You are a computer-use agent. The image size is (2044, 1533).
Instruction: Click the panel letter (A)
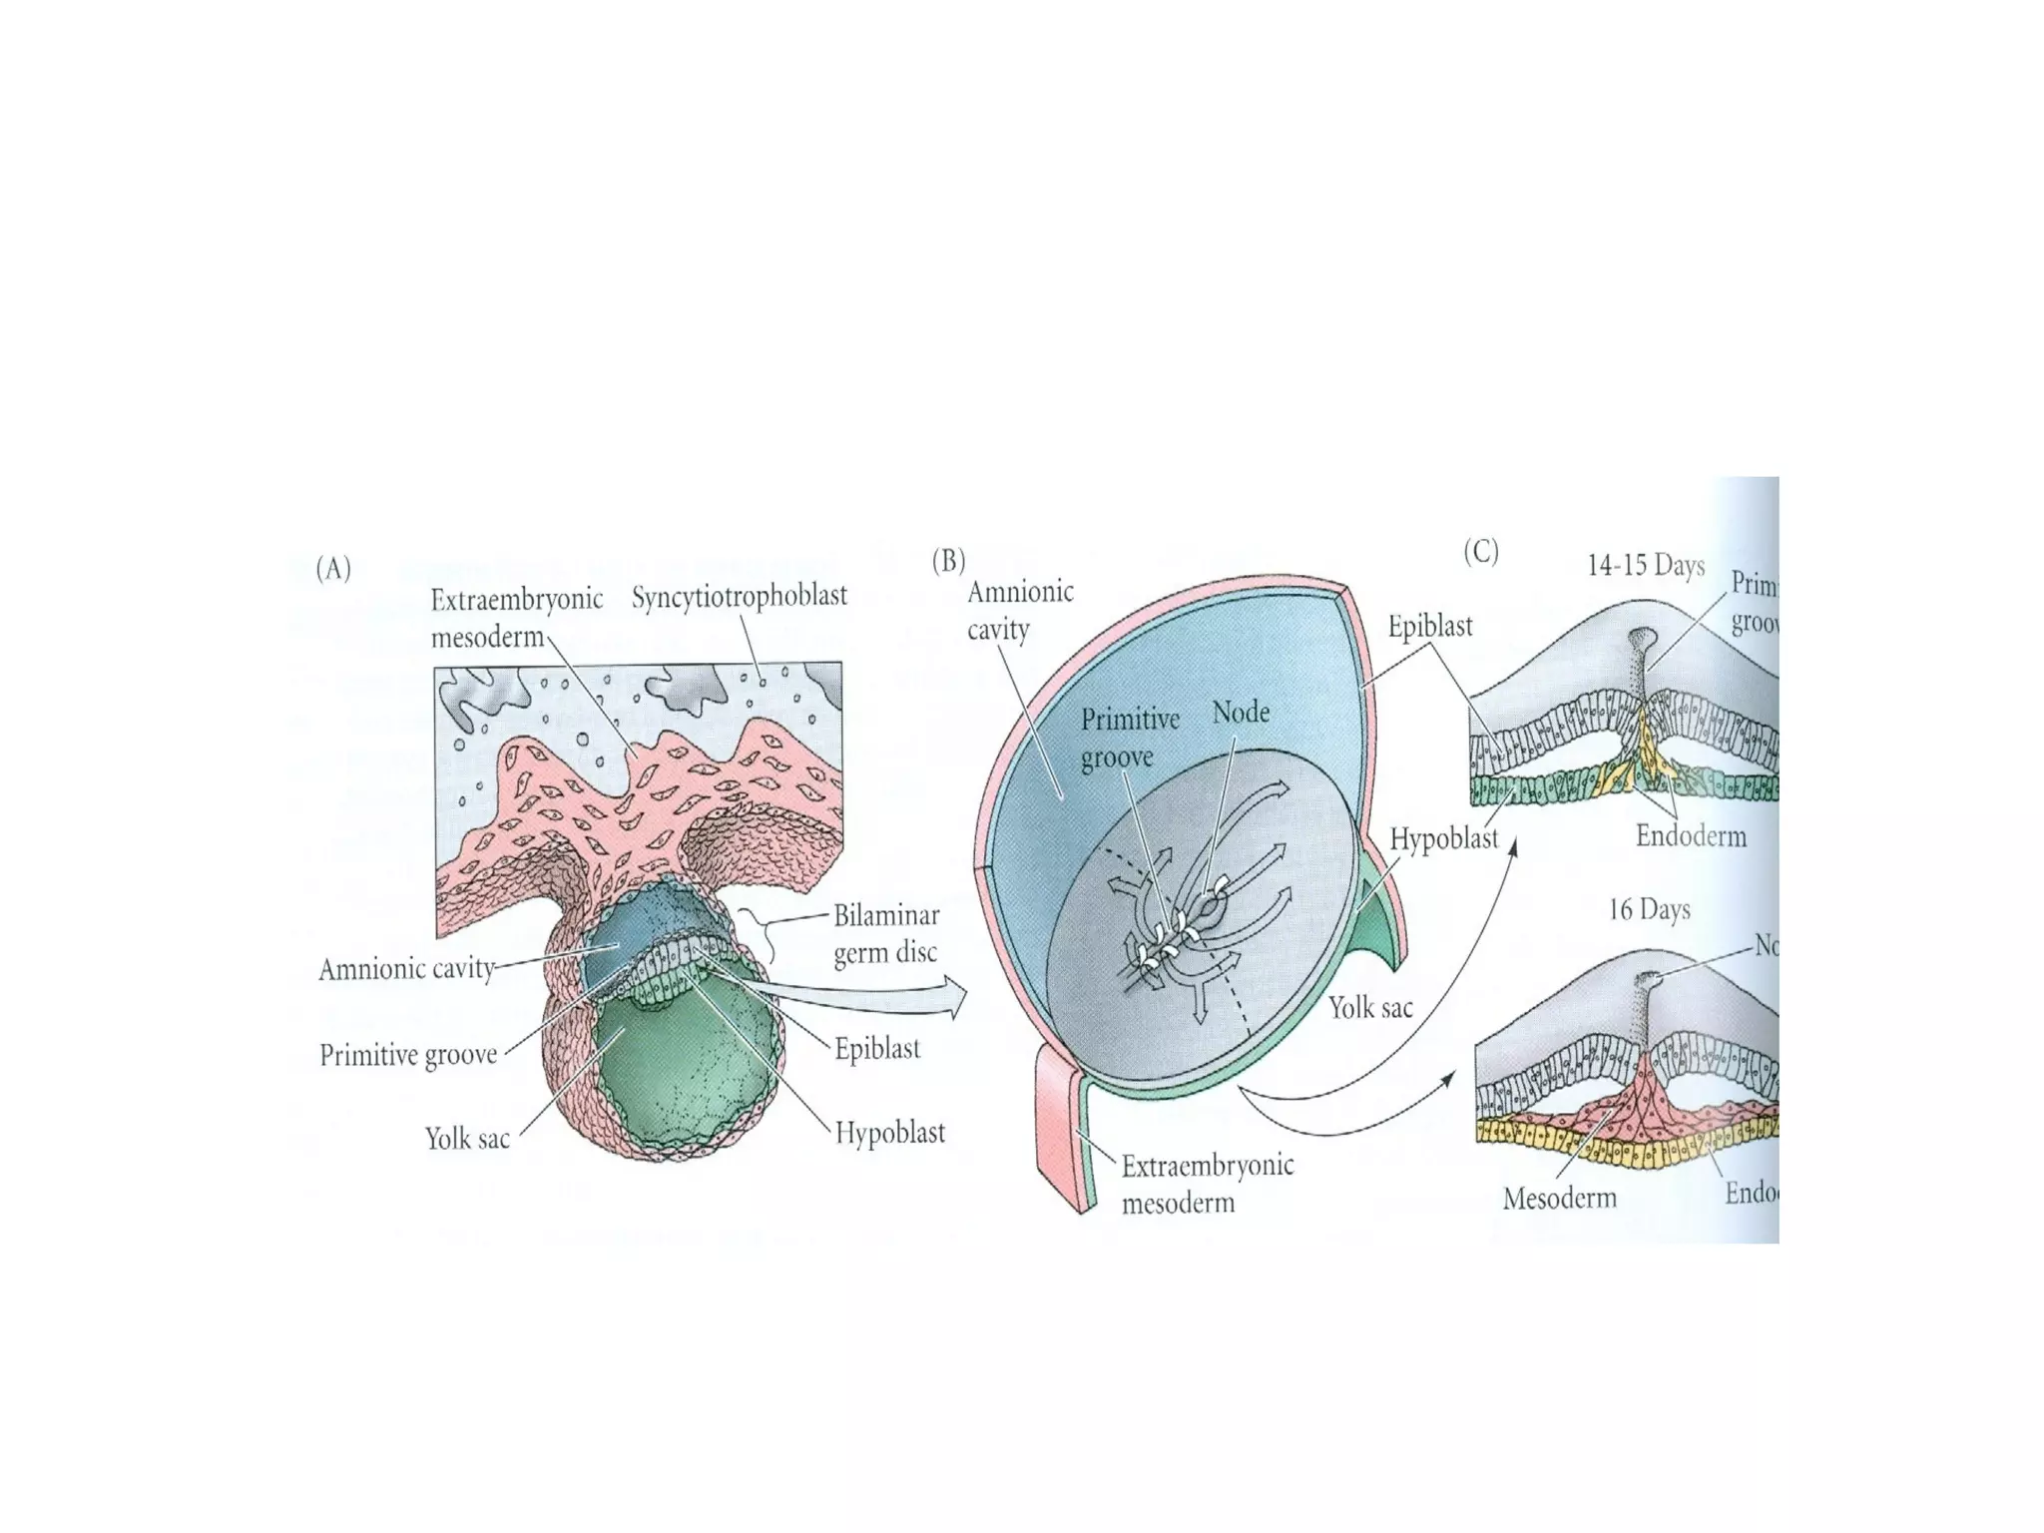pyautogui.click(x=333, y=569)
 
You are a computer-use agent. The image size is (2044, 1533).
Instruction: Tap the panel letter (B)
pyautogui.click(x=948, y=561)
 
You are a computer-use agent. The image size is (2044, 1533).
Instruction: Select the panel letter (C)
pyautogui.click(x=1481, y=552)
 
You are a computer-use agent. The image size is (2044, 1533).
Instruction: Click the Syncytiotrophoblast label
pyautogui.click(x=739, y=596)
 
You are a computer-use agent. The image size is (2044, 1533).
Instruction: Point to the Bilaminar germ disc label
pyautogui.click(x=885, y=933)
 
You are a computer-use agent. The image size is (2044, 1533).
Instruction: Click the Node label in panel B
pyautogui.click(x=1241, y=713)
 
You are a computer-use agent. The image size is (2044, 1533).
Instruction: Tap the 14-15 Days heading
pyautogui.click(x=1646, y=566)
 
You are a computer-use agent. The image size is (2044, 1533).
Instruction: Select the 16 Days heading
pyautogui.click(x=1649, y=909)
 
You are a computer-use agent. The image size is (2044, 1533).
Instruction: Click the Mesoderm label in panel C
pyautogui.click(x=1559, y=1198)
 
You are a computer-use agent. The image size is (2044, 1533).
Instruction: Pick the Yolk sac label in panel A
pyautogui.click(x=467, y=1139)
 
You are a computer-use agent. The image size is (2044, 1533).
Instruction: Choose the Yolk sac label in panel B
pyautogui.click(x=1370, y=1008)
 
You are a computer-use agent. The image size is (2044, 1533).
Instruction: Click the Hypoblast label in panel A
pyautogui.click(x=889, y=1133)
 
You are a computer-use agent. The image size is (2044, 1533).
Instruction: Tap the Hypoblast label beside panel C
pyautogui.click(x=1444, y=839)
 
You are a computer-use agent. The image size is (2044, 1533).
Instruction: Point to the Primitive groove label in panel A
pyautogui.click(x=408, y=1055)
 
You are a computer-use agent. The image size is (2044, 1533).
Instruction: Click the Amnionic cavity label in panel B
pyautogui.click(x=1019, y=610)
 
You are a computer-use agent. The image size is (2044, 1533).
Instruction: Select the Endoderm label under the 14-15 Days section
pyautogui.click(x=1691, y=835)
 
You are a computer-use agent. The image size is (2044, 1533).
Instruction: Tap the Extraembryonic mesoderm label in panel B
pyautogui.click(x=1207, y=1184)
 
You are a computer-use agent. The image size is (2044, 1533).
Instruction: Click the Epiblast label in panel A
pyautogui.click(x=877, y=1049)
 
